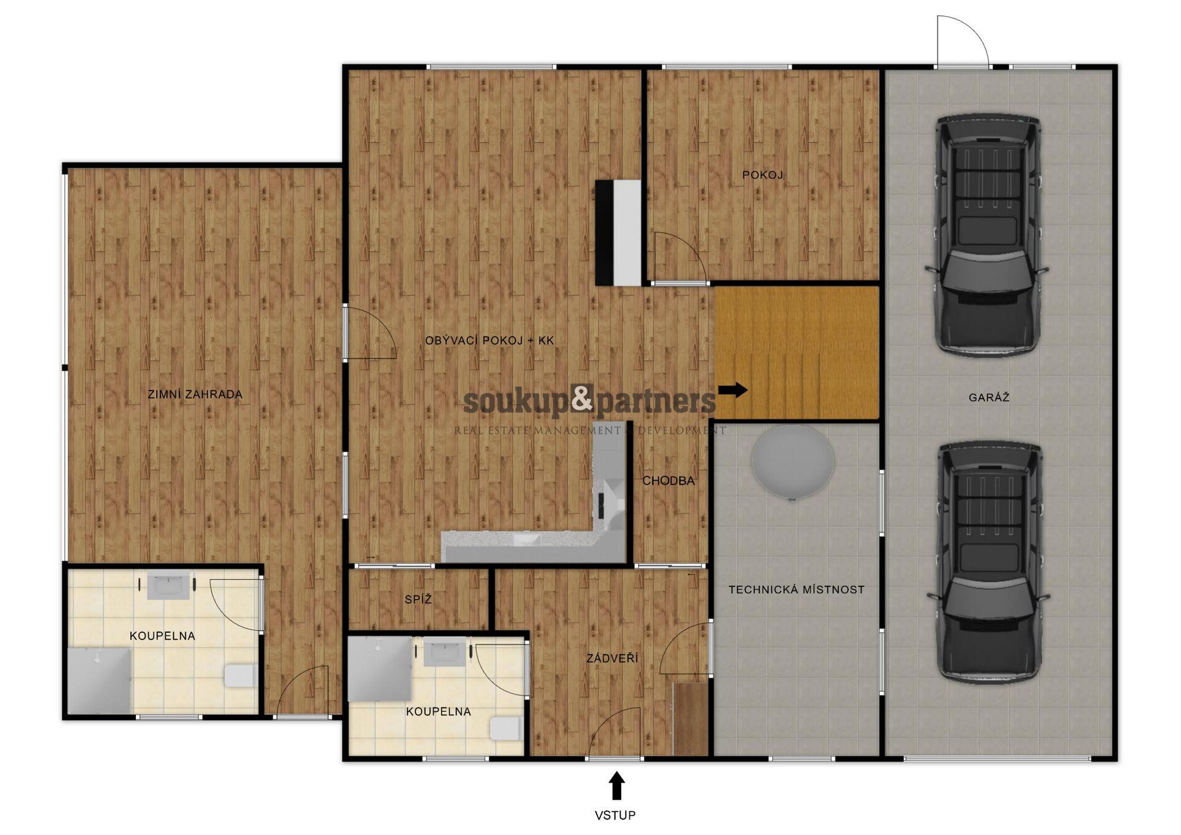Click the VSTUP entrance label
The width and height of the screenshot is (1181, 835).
pyautogui.click(x=614, y=815)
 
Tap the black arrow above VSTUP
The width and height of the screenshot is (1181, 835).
pyautogui.click(x=617, y=786)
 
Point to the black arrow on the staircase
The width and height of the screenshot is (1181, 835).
pyautogui.click(x=733, y=389)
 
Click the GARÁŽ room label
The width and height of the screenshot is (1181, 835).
pyautogui.click(x=988, y=397)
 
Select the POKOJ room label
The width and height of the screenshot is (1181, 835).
pyautogui.click(x=762, y=175)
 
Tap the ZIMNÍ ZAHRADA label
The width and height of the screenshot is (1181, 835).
pyautogui.click(x=195, y=394)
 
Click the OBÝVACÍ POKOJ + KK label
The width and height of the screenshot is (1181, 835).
pyautogui.click(x=490, y=340)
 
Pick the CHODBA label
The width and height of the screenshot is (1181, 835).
pyautogui.click(x=669, y=481)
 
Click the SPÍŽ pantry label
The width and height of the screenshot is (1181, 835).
pyautogui.click(x=418, y=599)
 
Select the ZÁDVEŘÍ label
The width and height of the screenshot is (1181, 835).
pyautogui.click(x=612, y=659)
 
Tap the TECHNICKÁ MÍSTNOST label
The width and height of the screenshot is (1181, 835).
pyautogui.click(x=797, y=590)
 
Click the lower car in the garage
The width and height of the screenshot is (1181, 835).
pyautogui.click(x=988, y=562)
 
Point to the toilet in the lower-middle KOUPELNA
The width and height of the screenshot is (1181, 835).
pyautogui.click(x=506, y=728)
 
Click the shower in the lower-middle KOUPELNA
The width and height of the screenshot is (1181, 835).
pyautogui.click(x=380, y=668)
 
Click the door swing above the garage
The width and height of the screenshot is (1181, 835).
pyautogui.click(x=963, y=41)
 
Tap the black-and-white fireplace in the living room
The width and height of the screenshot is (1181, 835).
pyautogui.click(x=618, y=232)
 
